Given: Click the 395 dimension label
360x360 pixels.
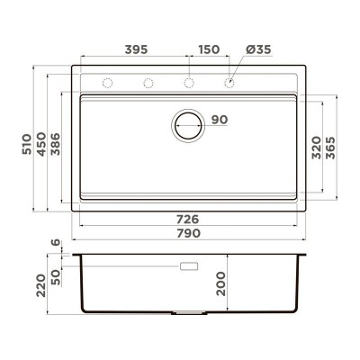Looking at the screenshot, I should tap(135, 48).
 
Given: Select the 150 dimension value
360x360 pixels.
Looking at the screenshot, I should tap(209, 48).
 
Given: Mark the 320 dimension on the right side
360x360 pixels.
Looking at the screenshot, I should tap(316, 147).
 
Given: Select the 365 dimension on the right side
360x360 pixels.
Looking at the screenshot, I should tap(331, 147).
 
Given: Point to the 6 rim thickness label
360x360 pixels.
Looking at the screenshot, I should tap(55, 243).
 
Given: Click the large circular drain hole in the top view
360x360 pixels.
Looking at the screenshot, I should tap(189, 124).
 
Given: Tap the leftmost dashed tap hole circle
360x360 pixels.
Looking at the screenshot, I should tap(107, 84).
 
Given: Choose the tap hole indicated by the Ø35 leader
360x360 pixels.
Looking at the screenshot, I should tap(229, 84).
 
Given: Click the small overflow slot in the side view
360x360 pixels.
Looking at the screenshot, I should tap(189, 267).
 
